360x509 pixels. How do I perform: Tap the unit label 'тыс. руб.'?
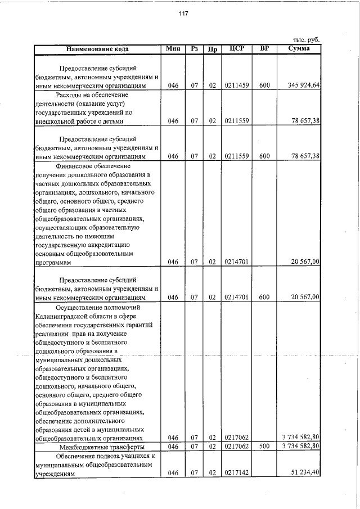tap(307, 40)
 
